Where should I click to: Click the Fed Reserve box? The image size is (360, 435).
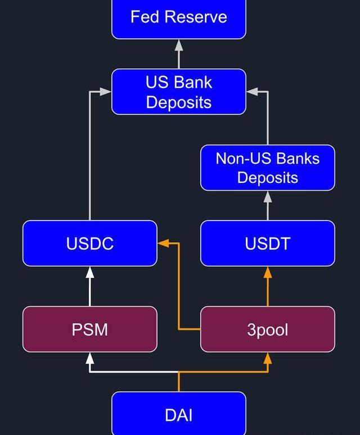(x=179, y=18)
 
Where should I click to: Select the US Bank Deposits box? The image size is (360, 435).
(x=179, y=92)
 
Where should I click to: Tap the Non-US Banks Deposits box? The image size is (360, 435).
(x=268, y=168)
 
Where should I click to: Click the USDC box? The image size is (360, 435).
(x=90, y=243)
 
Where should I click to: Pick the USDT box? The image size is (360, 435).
(x=268, y=243)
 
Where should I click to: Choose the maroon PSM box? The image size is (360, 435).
(x=90, y=329)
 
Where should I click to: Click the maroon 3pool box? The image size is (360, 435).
(x=268, y=329)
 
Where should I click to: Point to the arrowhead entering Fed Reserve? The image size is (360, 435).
(x=179, y=45)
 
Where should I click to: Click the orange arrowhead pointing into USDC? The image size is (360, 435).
(x=163, y=243)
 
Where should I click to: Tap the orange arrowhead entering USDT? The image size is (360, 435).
(x=268, y=272)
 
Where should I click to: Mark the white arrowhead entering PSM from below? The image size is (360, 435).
(x=90, y=358)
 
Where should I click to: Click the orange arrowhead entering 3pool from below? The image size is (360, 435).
(x=268, y=358)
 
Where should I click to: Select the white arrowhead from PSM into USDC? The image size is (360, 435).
(x=90, y=272)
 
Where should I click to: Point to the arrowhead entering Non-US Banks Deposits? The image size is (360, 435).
(x=268, y=196)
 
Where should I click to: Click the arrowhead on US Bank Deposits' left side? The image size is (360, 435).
(x=106, y=92)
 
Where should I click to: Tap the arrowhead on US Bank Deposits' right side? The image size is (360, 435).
(x=252, y=92)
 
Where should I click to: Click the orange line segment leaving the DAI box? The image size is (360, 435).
(x=179, y=383)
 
